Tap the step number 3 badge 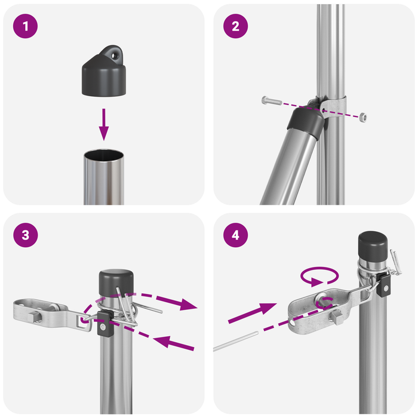coord(25,235)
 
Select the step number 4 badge coord(235,235)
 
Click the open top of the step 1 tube coord(104,156)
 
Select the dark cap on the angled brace coord(305,119)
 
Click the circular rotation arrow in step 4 coord(320,276)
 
